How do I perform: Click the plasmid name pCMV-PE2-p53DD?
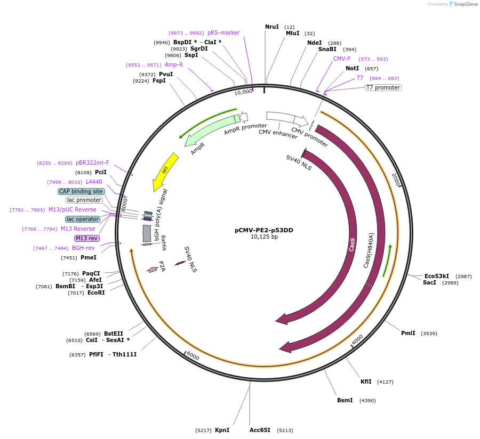click(264, 231)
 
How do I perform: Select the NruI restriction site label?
click(272, 27)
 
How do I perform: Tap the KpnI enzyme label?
click(222, 430)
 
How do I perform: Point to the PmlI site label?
click(408, 333)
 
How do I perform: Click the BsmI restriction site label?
click(345, 400)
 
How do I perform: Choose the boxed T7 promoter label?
click(383, 87)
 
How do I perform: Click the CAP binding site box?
click(81, 191)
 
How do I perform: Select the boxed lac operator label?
click(83, 219)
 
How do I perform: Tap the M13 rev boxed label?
click(86, 238)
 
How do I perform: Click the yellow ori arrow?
click(165, 170)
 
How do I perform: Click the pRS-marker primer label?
click(223, 32)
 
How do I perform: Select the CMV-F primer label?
click(342, 59)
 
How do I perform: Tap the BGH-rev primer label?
click(83, 248)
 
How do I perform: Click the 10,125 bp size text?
click(264, 237)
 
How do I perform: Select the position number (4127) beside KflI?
click(385, 382)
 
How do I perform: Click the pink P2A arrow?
click(153, 270)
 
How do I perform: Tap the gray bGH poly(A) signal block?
click(147, 233)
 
